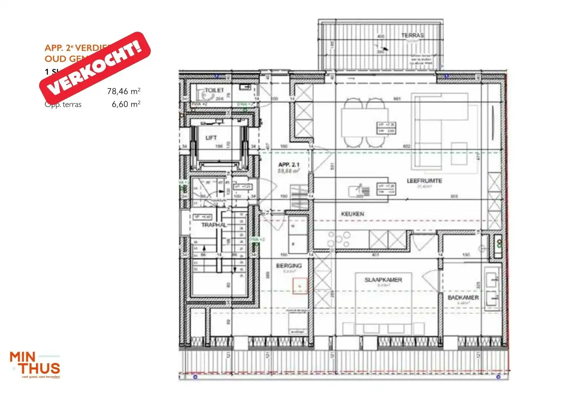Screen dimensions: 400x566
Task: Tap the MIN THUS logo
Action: pos(35,364)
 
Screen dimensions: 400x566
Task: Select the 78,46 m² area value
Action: pos(124,91)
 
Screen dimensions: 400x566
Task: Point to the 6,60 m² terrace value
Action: pos(126,104)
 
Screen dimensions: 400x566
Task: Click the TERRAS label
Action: pos(412,35)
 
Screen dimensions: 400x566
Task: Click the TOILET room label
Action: pos(214,90)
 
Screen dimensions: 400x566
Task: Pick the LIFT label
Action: pos(211,138)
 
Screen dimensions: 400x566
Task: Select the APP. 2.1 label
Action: pos(289,164)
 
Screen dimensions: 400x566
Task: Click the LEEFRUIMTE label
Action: pos(424,181)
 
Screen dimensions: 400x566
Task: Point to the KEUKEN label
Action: pos(352,214)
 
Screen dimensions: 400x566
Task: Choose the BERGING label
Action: pos(289,266)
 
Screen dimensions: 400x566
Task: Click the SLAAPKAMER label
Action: pos(383,280)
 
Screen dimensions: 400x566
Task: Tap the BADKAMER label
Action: pos(463,297)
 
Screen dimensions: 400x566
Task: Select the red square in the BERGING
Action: pos(300,286)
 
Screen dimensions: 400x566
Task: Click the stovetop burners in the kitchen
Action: pos(338,239)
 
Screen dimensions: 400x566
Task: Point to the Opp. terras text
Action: pos(63,104)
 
